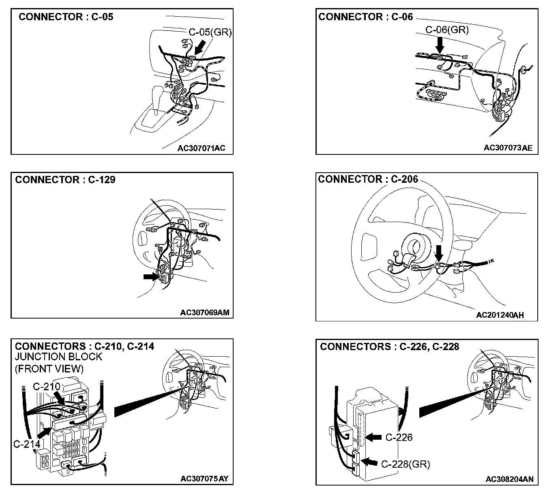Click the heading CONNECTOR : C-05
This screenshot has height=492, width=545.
pos(66,17)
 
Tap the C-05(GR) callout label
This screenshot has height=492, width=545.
pos(210,32)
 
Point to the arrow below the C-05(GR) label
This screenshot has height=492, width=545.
pos(200,49)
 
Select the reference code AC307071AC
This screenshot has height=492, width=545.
pos(201,148)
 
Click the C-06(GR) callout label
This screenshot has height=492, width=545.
pos(447,30)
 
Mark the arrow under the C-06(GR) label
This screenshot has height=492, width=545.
pos(440,43)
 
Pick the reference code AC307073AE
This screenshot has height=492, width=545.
pos(508,148)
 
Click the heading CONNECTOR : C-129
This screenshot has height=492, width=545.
pos(65,180)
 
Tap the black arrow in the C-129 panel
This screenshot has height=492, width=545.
pos(151,276)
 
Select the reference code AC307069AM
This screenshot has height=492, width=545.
pos(205,312)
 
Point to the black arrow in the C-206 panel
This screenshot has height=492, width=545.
pos(439,254)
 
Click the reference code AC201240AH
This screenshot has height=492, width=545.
pos(500,315)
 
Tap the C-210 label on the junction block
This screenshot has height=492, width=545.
pos(46,386)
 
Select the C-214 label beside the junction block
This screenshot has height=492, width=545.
pos(27,444)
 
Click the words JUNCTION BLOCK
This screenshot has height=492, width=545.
pos(58,357)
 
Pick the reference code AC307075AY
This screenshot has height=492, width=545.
pos(204,479)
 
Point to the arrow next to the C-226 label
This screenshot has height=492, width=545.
pos(373,437)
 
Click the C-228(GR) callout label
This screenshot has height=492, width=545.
pos(406,464)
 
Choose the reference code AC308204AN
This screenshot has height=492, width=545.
pos(509,479)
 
